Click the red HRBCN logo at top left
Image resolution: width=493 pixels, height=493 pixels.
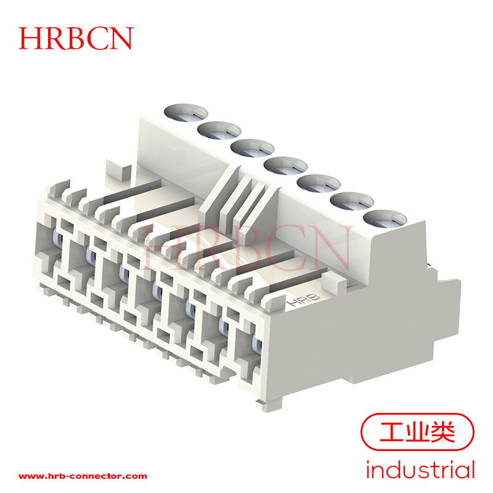tap(76, 38)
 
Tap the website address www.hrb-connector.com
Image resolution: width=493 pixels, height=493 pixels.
tap(83, 476)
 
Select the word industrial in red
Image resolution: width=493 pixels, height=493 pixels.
tap(420, 470)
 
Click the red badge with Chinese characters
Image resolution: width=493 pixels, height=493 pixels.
tap(417, 433)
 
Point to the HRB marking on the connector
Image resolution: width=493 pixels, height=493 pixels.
tap(303, 299)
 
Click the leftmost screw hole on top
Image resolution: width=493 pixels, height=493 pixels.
tap(186, 113)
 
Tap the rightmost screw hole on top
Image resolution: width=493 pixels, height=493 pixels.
tap(385, 219)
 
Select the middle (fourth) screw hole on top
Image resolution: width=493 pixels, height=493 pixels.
tap(285, 166)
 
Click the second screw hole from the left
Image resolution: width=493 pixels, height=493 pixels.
tap(219, 130)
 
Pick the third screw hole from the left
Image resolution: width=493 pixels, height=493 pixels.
tap(253, 148)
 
